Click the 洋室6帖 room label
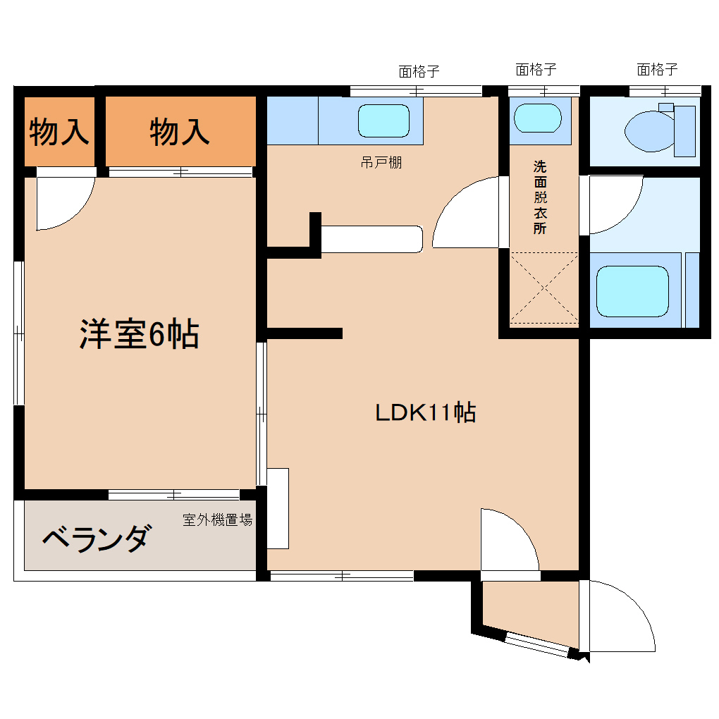pyautogui.click(x=138, y=334)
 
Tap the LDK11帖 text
pyautogui.click(x=425, y=412)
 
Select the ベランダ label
pyautogui.click(x=96, y=539)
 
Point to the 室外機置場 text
pyautogui.click(x=217, y=520)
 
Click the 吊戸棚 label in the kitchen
pyautogui.click(x=381, y=163)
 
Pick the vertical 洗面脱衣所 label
pyautogui.click(x=539, y=197)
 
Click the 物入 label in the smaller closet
pyautogui.click(x=59, y=132)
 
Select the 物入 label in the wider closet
pyautogui.click(x=180, y=132)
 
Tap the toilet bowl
pyautogui.click(x=647, y=130)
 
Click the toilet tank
pyautogui.click(x=684, y=130)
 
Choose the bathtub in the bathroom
pyautogui.click(x=632, y=291)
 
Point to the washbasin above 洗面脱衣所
pyautogui.click(x=538, y=118)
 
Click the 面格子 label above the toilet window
pyautogui.click(x=657, y=69)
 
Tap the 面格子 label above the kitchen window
pyautogui.click(x=419, y=70)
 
